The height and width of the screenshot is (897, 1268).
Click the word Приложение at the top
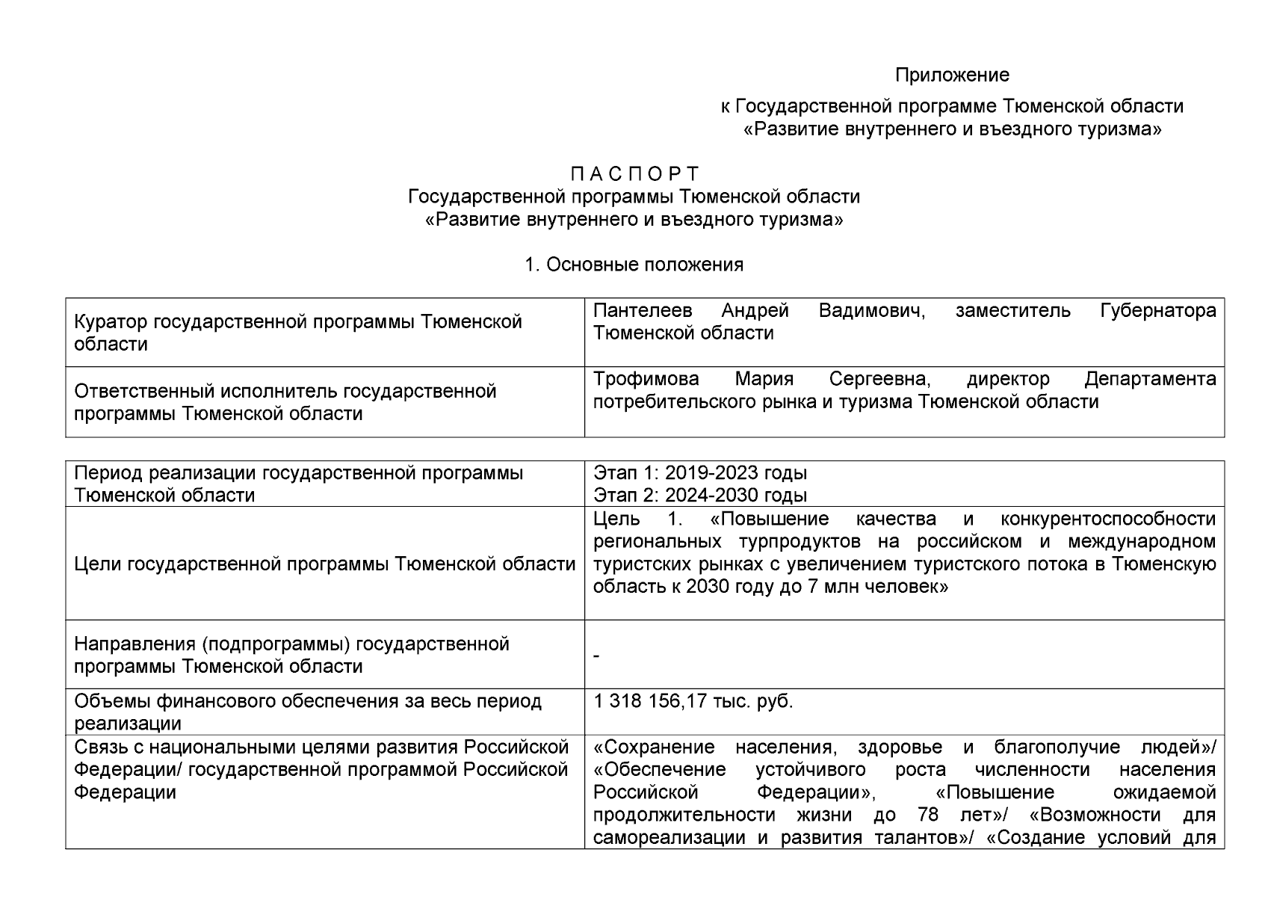[x=952, y=75]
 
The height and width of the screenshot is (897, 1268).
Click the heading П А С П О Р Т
[x=634, y=174]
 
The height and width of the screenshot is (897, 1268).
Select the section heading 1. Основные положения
[x=634, y=265]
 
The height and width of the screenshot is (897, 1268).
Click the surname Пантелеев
[x=643, y=311]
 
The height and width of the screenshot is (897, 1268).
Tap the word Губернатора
[x=1157, y=311]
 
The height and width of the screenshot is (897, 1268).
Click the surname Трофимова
[x=646, y=380]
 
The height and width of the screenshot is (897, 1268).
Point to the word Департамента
[x=1150, y=380]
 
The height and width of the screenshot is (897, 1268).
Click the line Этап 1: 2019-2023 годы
[x=699, y=473]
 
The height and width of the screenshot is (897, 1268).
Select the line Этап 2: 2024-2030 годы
[x=699, y=496]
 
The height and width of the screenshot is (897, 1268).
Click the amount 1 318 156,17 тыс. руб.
[x=693, y=702]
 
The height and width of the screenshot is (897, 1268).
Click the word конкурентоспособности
[x=1107, y=520]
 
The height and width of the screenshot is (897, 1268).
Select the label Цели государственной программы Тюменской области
[x=325, y=564]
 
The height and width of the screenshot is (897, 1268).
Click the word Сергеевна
[x=879, y=380]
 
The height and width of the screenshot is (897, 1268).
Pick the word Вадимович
[x=872, y=311]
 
